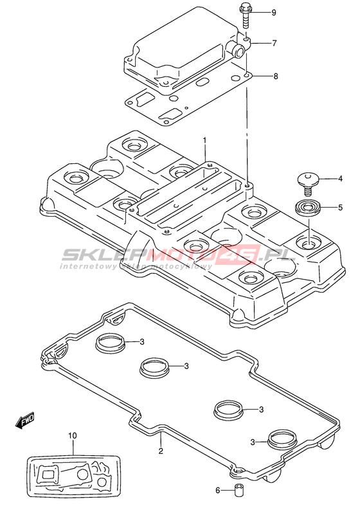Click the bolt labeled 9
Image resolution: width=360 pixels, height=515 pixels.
[x=245, y=16]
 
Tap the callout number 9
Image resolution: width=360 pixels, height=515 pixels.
[x=274, y=13]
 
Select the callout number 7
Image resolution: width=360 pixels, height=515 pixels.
[x=274, y=43]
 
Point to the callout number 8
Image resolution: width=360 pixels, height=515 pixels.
[x=276, y=77]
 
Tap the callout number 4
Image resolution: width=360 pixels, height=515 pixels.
[x=340, y=179]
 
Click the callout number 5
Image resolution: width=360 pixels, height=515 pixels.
[x=340, y=208]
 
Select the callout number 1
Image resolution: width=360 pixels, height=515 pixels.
[x=204, y=141]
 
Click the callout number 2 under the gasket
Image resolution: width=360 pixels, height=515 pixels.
[x=161, y=451]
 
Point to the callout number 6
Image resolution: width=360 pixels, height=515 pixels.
[x=217, y=491]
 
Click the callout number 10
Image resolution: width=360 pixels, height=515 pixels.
[x=73, y=436]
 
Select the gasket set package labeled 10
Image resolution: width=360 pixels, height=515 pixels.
[x=74, y=476]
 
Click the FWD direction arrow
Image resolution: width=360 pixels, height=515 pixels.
[x=24, y=420]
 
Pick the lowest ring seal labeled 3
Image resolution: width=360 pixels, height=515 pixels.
[x=282, y=438]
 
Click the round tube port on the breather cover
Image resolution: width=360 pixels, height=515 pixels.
[x=238, y=50]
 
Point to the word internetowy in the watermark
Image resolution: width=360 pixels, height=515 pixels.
[x=87, y=266]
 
